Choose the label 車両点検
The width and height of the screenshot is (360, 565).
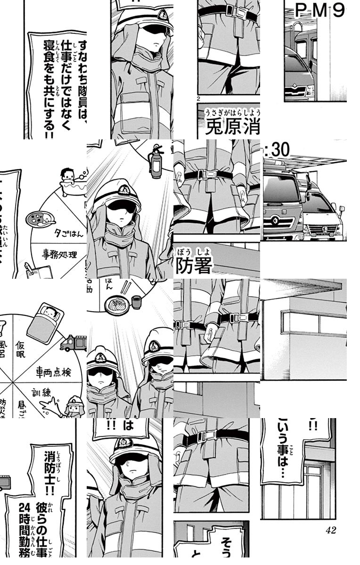[54, 372]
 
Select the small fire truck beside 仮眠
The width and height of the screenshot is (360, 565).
[74, 343]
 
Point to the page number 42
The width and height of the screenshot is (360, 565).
[330, 530]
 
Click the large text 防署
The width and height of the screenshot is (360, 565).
[193, 266]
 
